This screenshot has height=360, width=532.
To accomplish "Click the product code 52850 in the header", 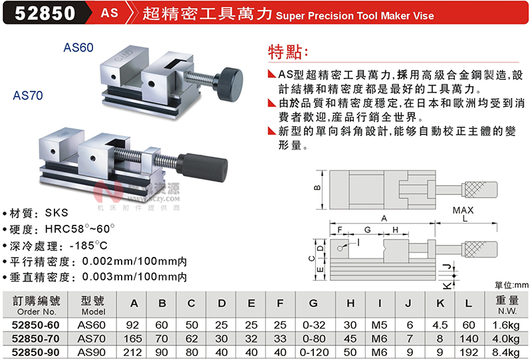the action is click(45, 13).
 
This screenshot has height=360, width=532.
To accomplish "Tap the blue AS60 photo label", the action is click(78, 47).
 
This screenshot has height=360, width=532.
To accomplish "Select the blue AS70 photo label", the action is click(28, 95).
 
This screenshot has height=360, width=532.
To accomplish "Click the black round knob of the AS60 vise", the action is click(229, 84).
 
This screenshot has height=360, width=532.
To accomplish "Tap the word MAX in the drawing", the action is click(463, 210).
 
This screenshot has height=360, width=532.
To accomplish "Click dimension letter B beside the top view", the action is click(317, 188).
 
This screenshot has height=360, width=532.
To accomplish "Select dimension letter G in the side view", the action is click(368, 230).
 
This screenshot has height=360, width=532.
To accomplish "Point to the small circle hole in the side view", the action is click(340, 249).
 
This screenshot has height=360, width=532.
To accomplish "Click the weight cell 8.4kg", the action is click(506, 352).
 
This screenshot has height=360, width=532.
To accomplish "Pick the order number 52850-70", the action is click(36, 339).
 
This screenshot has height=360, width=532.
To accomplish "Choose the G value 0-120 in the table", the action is click(314, 352).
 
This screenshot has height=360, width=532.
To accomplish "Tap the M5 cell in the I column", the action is click(379, 325).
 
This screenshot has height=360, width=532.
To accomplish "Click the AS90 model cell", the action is click(92, 352).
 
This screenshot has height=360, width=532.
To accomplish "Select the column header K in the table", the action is click(440, 303).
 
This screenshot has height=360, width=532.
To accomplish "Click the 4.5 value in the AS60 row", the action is click(440, 325).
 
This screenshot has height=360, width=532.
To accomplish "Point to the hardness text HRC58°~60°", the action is click(80, 229).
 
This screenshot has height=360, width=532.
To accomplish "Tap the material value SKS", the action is click(57, 213).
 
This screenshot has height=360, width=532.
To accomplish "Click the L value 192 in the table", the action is click(469, 352).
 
